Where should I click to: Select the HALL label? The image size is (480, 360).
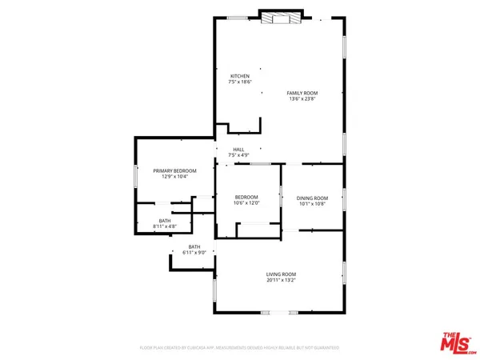pos(238,149)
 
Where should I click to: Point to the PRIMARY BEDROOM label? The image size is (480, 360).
pos(170,170)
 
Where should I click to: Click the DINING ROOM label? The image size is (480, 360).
pos(312,198)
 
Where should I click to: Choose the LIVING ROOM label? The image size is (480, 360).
pos(282,274)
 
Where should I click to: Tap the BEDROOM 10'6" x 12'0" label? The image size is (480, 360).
pos(246,197)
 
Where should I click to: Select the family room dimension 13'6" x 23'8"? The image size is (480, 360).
pos(302,99)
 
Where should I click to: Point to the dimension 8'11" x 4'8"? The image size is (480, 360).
pos(165,226)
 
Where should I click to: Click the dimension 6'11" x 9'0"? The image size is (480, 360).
pos(194,252)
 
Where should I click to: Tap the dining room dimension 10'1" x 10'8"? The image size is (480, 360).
pos(312,203)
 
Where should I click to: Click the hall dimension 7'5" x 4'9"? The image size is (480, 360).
pos(238,154)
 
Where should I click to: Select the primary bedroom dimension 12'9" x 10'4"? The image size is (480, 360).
pos(170,176)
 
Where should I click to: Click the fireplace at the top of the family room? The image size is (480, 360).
pos(280,18)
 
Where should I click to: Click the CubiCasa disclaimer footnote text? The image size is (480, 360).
pos(240,348)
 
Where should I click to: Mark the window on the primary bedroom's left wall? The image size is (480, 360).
pos(134,176)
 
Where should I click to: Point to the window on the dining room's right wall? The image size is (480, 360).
pos(344,198)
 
